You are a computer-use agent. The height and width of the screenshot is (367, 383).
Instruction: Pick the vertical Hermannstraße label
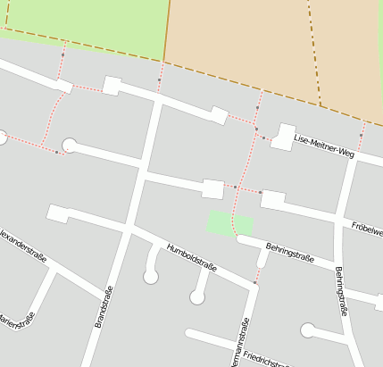240,343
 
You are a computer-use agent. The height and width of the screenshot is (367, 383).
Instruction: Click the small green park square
229,223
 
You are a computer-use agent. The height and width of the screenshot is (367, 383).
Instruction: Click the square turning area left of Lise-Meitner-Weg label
283,136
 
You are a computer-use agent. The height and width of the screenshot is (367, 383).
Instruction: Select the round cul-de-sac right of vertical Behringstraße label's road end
308,330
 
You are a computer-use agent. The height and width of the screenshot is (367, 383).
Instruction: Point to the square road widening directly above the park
213,188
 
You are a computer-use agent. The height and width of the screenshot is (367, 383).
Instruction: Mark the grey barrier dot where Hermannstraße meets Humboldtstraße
254,283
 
